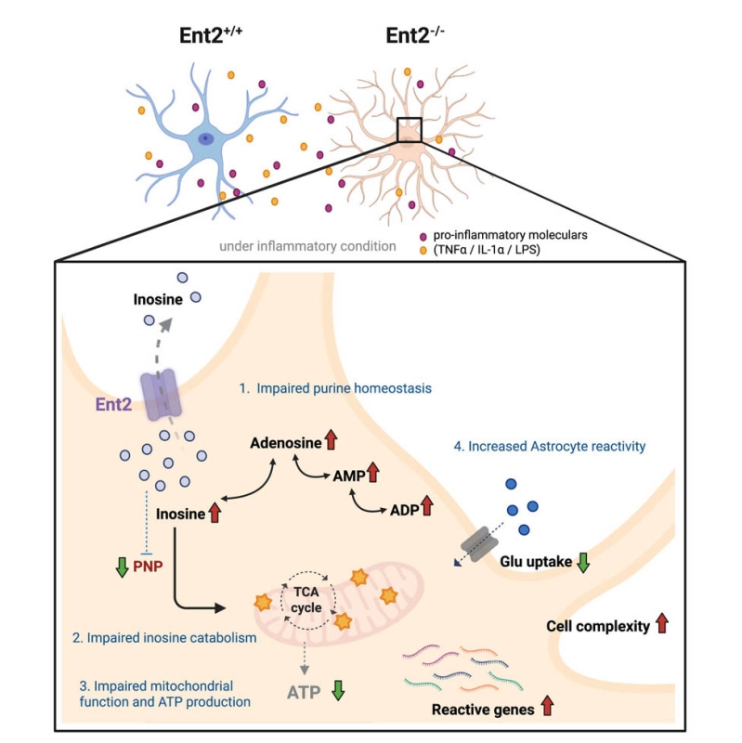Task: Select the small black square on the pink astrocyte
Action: tap(409, 131)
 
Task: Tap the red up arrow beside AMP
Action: tap(372, 476)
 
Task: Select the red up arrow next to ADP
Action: tap(427, 507)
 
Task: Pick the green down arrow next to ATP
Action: tap(338, 691)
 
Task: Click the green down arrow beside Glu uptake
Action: tap(582, 562)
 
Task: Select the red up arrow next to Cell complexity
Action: tap(661, 624)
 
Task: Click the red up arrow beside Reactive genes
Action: tap(547, 709)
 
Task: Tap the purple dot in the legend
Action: tap(423, 237)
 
